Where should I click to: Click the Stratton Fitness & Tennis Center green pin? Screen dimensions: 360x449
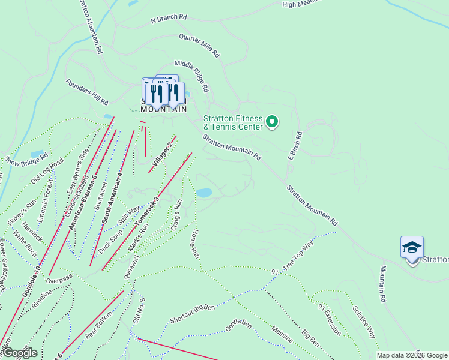(x=272, y=122)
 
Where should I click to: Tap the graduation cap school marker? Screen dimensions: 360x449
(x=412, y=248)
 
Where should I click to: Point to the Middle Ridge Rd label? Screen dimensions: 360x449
(x=191, y=76)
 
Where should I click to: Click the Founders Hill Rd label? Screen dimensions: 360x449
(x=87, y=92)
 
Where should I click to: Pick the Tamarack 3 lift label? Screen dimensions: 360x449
(x=148, y=212)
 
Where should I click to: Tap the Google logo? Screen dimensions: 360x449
(x=20, y=353)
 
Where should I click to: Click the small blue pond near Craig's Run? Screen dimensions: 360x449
(x=204, y=193)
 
